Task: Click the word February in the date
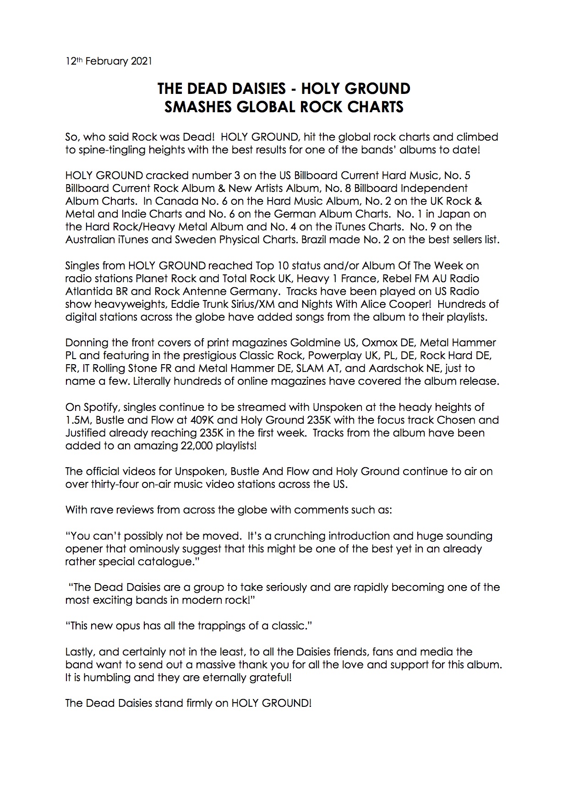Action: coord(106,61)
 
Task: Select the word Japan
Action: coord(469,214)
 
